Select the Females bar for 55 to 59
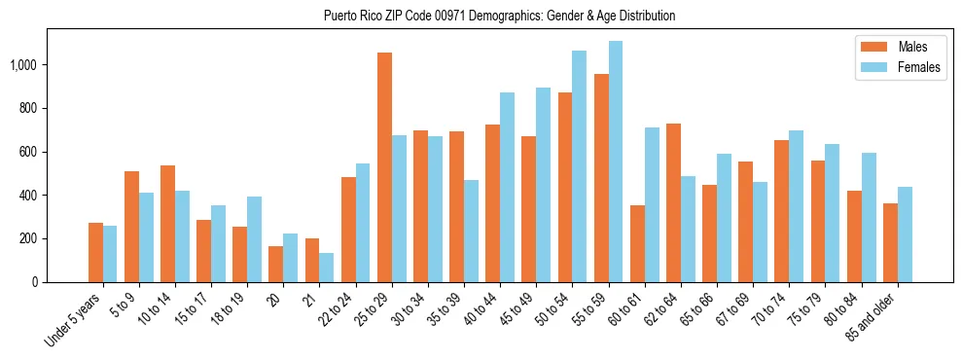pos(616,162)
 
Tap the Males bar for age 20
pos(276,264)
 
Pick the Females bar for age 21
pos(327,268)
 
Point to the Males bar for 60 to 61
pos(637,243)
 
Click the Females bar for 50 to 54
pos(580,166)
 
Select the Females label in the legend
pos(920,67)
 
